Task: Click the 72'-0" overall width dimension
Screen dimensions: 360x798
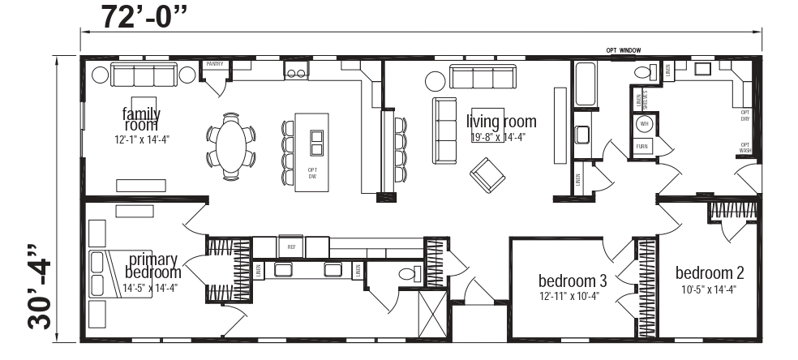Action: (x=146, y=15)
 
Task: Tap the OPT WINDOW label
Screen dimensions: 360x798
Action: (x=623, y=50)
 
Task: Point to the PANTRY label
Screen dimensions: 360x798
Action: (x=215, y=63)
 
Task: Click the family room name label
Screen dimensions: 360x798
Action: (x=141, y=118)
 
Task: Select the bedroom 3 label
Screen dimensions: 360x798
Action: (x=573, y=281)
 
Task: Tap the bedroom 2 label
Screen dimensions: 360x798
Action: (x=710, y=272)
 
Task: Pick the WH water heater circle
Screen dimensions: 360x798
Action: (x=644, y=124)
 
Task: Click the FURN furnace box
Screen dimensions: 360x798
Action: (x=642, y=147)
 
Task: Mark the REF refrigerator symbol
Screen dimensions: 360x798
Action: (x=290, y=245)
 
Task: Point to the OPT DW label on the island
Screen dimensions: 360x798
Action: (x=312, y=173)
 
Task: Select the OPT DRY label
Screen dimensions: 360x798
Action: (x=744, y=116)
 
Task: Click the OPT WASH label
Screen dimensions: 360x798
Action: (x=744, y=148)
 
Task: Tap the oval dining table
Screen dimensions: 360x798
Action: (x=232, y=145)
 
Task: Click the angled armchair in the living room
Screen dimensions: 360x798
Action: (x=488, y=174)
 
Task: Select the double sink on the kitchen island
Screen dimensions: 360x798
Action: (x=315, y=141)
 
